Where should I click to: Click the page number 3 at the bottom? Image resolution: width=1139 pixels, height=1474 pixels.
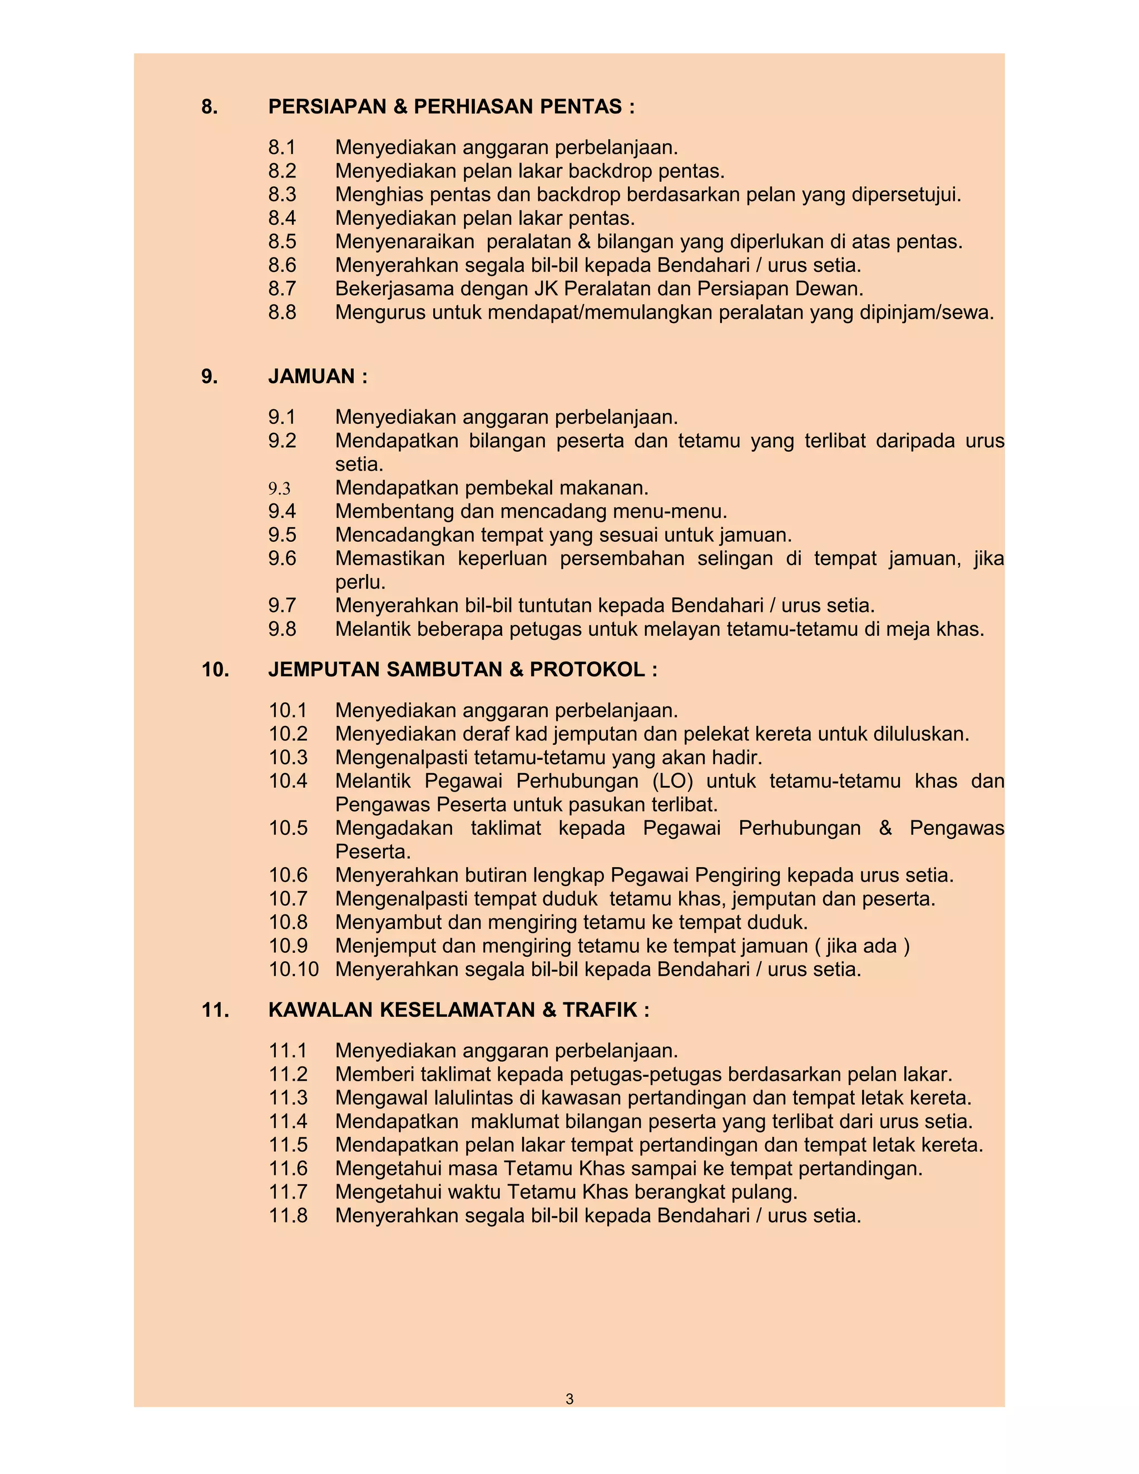[x=569, y=1399]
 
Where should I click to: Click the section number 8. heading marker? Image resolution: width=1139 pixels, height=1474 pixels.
[x=210, y=107]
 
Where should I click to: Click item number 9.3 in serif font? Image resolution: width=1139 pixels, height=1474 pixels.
[x=279, y=488]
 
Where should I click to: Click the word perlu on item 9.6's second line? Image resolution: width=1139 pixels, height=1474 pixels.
[x=360, y=582]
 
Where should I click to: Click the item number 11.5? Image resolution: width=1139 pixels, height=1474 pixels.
[x=288, y=1145]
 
